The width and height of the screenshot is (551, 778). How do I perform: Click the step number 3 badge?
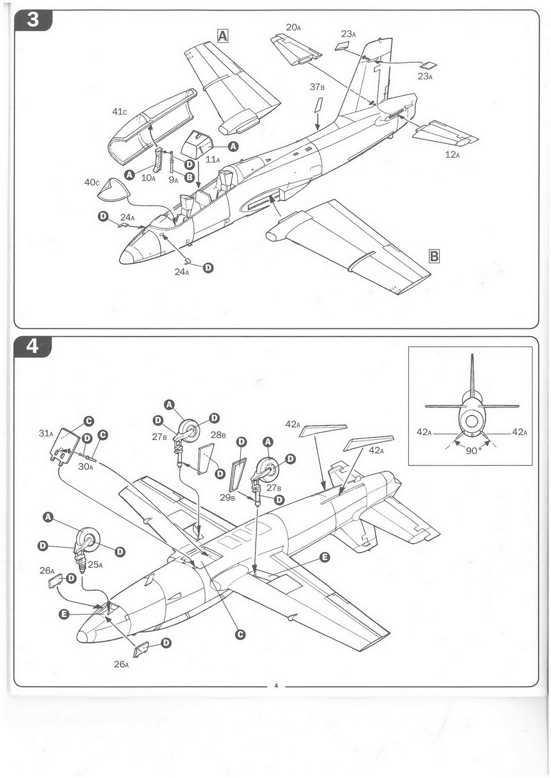coord(33,19)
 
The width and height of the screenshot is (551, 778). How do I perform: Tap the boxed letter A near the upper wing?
coord(222,36)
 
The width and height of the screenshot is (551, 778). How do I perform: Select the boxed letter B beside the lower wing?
coord(434,256)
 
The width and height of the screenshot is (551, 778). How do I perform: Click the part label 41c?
coord(119,112)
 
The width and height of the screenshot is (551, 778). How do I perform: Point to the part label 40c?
coord(92,182)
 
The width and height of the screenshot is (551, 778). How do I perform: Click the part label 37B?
coord(317,87)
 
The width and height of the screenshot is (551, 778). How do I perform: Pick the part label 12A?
coord(452,154)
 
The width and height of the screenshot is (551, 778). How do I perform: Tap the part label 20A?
coord(293,27)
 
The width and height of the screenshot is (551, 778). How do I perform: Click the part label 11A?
coord(213,159)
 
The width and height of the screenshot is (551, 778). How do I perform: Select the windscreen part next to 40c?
coord(113,189)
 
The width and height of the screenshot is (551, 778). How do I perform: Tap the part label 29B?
coord(228,497)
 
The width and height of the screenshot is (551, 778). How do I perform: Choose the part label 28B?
coord(218,435)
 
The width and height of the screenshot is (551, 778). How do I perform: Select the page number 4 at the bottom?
coord(276,685)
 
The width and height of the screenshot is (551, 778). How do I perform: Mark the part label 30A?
coord(85,467)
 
